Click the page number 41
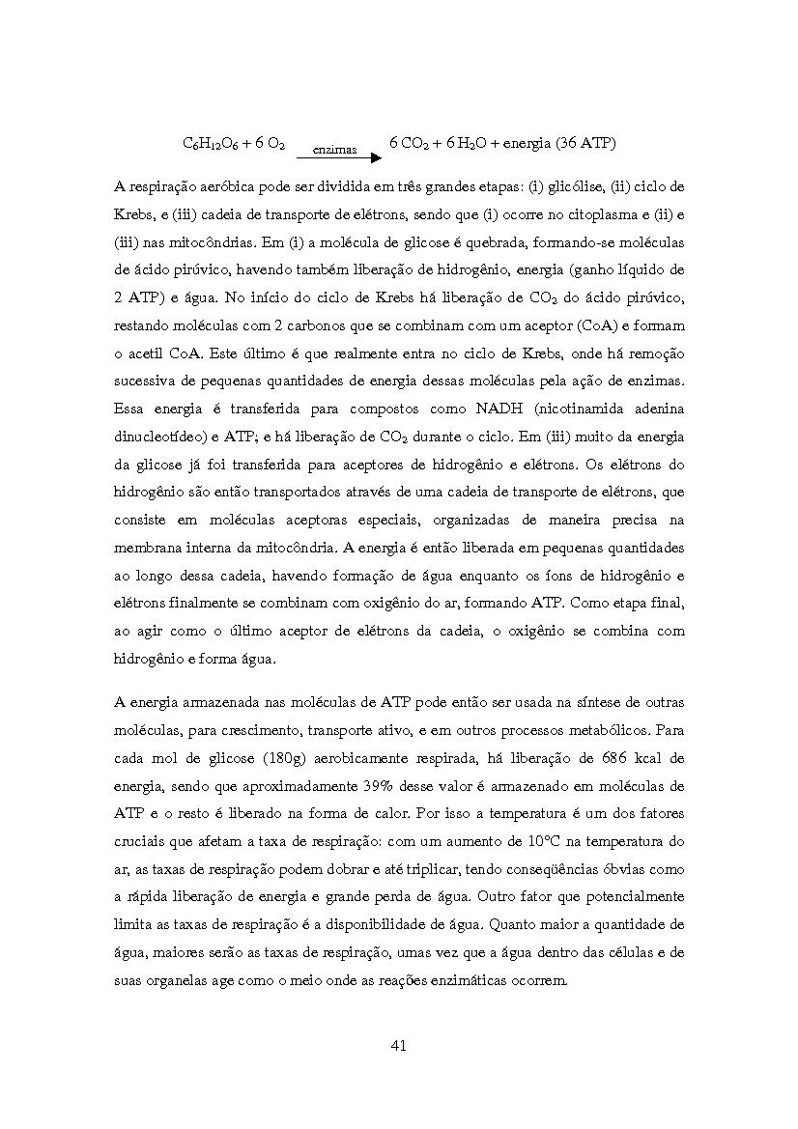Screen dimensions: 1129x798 click(x=399, y=1045)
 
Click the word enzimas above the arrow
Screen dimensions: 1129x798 click(x=334, y=150)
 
